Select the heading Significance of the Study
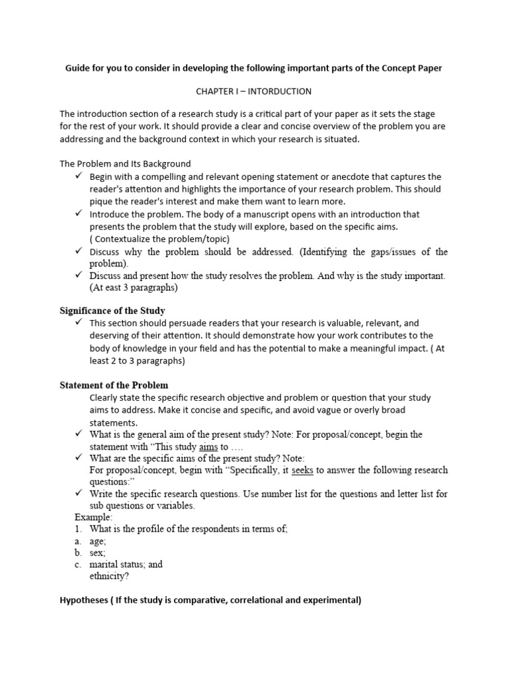(112, 310)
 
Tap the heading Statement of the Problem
(114, 385)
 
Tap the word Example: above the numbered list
(94, 516)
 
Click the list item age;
(99, 540)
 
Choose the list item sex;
(98, 552)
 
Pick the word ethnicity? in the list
(109, 576)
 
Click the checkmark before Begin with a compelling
(78, 177)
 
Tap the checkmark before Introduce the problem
(78, 214)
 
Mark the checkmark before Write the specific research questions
(78, 493)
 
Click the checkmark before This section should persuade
(78, 323)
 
